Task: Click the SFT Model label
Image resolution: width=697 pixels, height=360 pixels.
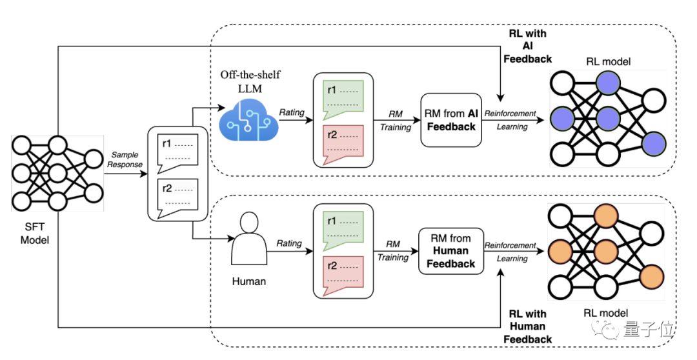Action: (35, 234)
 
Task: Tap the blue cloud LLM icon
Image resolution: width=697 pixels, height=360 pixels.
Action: (249, 120)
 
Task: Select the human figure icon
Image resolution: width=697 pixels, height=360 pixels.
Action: (249, 239)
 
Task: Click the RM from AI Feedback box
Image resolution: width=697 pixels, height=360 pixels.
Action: (451, 120)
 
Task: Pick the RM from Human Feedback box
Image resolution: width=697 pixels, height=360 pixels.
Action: (450, 251)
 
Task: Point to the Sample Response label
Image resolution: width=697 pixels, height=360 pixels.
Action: (125, 159)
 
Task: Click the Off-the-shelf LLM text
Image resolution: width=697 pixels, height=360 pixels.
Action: (250, 81)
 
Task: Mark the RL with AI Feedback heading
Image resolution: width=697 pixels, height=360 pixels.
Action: (528, 46)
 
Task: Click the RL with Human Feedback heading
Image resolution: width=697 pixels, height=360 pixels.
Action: (528, 326)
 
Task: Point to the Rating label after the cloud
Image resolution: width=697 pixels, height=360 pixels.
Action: (292, 112)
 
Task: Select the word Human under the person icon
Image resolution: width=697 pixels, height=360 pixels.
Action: (249, 281)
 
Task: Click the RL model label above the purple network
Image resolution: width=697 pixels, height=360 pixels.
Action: (608, 62)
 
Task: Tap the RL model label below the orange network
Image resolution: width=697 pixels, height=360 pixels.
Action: (606, 313)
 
